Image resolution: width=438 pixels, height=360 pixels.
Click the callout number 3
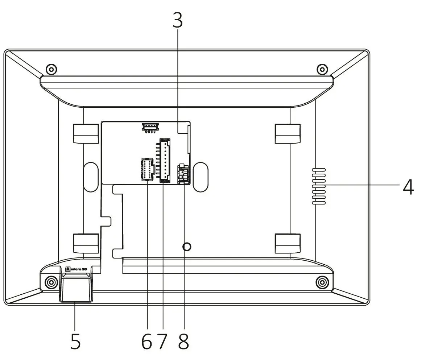tap(177, 21)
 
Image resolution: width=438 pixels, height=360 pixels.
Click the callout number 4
tap(408, 187)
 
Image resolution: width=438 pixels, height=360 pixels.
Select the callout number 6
tap(147, 341)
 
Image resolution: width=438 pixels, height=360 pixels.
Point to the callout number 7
tap(163, 341)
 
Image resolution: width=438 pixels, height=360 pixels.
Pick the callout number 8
tap(184, 341)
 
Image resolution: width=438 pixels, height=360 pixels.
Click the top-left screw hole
tap(51, 69)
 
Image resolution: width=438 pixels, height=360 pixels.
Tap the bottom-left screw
tap(51, 282)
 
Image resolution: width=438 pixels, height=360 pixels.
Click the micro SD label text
tap(77, 269)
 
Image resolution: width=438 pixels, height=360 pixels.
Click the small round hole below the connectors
tap(187, 247)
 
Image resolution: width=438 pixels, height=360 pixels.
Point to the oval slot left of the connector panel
tap(91, 177)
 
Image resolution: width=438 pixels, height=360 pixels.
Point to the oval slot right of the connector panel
tap(201, 177)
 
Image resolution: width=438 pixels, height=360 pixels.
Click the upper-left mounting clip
tap(86, 133)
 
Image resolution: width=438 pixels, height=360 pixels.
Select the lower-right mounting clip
tap(288, 243)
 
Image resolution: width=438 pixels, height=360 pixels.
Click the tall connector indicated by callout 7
tap(165, 160)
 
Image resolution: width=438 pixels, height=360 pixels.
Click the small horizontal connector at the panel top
tap(150, 127)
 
